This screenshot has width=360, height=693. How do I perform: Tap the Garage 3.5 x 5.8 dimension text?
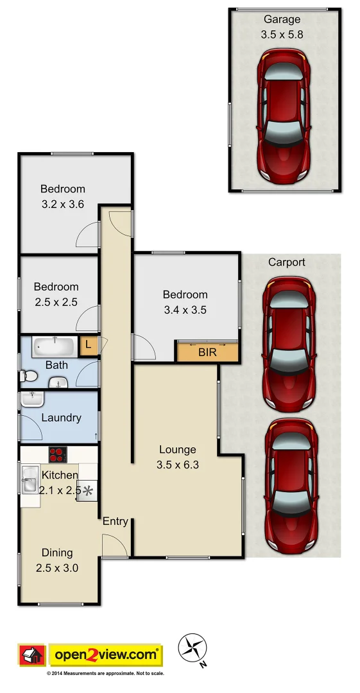(x=280, y=35)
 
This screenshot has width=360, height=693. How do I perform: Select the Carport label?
(x=286, y=262)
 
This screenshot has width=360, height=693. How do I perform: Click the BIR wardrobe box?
(x=207, y=352)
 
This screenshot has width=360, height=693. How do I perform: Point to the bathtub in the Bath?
(x=55, y=346)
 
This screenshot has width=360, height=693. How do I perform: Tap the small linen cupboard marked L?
(x=87, y=345)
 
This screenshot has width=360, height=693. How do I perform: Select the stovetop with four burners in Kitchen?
(x=58, y=454)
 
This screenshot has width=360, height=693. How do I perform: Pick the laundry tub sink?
(x=32, y=400)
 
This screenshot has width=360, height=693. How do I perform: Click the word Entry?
(x=116, y=521)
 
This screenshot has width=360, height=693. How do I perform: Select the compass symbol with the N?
(x=192, y=647)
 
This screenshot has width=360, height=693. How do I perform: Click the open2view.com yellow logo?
(x=106, y=655)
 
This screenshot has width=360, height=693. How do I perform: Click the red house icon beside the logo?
(x=31, y=656)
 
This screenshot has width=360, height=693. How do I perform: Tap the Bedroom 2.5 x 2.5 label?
(x=56, y=295)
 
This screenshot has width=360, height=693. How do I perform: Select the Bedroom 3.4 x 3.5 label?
(x=185, y=302)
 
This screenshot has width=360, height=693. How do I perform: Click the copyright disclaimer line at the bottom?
(x=106, y=674)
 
